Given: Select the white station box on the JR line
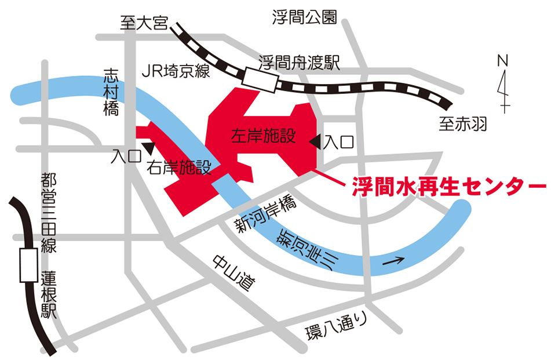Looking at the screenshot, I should click(260, 78).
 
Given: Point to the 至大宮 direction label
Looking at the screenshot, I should click(144, 24).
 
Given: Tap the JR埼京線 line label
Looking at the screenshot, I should click(176, 71).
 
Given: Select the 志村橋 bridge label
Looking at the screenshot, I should click(111, 93).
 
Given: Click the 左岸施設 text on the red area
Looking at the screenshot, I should click(264, 136).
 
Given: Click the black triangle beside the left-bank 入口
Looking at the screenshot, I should click(315, 141).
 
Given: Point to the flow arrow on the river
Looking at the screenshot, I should click(393, 261).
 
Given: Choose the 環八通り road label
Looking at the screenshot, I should click(336, 327).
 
